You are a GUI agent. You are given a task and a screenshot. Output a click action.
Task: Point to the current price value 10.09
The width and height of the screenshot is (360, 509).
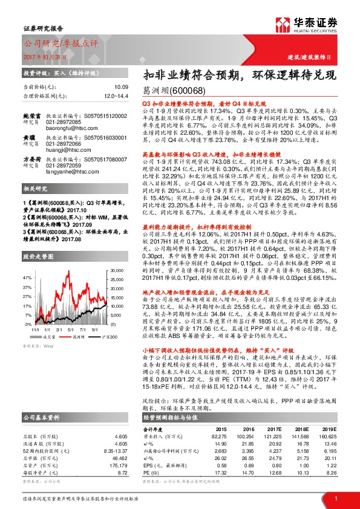pyautogui.click(x=122, y=88)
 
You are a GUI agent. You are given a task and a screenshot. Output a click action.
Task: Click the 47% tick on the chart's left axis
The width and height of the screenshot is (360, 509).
pyautogui.click(x=28, y=277)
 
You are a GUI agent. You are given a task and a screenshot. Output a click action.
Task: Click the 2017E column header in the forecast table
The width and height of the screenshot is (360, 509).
pyautogui.click(x=276, y=429)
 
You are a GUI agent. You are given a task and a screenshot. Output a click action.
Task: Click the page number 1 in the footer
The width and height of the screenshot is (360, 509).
pyautogui.click(x=336, y=497)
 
